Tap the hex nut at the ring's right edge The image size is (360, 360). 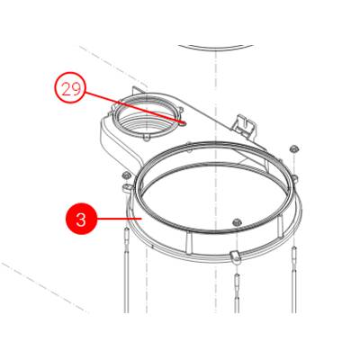point(294,148)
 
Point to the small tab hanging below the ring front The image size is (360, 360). point(233,258)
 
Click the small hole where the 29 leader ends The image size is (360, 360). point(181,124)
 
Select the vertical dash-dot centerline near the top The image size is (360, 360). point(215,72)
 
